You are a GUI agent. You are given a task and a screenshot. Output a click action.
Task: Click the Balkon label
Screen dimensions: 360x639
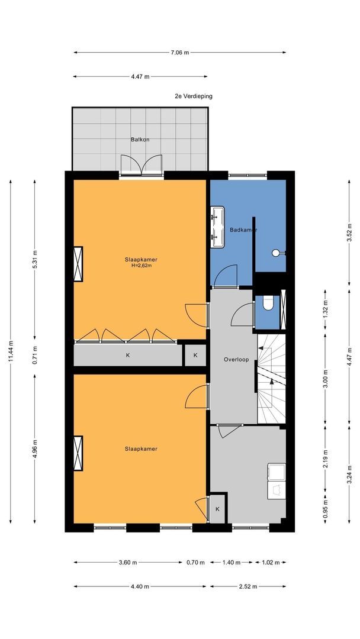coord(140,140)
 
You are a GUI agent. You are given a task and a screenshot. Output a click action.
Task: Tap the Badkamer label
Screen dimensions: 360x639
coord(243,230)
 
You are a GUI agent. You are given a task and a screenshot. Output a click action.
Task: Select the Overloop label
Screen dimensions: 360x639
coord(236,360)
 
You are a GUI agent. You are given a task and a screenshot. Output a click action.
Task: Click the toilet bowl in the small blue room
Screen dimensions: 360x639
coord(268,303)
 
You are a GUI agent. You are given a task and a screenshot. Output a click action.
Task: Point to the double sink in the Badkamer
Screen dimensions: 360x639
coord(217,227)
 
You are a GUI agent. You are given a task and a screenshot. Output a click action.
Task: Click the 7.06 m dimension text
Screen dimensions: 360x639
coord(180,52)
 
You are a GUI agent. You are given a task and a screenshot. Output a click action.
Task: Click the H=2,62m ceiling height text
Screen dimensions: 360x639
coord(141,266)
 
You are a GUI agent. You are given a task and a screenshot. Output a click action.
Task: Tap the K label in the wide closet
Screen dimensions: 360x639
coord(128,356)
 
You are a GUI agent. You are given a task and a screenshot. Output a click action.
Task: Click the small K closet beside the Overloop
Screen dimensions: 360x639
coord(195,355)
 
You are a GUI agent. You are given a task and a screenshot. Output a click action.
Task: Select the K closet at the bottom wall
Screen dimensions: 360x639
coord(217,509)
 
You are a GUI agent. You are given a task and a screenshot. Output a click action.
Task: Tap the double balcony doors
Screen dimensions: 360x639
coord(141,166)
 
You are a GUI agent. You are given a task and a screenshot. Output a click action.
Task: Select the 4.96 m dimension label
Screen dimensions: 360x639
coord(35,448)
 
